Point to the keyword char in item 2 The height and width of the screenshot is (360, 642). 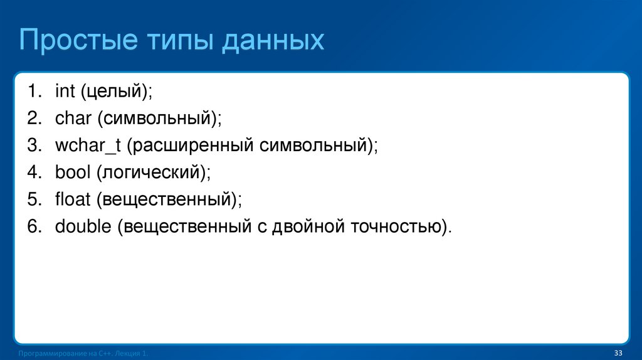pyautogui.click(x=72, y=119)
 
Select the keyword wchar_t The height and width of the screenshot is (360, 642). pyautogui.click(x=87, y=146)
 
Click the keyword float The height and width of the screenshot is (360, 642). pyautogui.click(x=72, y=199)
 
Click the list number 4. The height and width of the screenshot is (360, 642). pyautogui.click(x=33, y=172)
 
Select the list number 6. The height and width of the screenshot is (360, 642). pyautogui.click(x=33, y=226)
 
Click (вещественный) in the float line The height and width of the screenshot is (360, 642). pyautogui.click(x=169, y=199)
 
